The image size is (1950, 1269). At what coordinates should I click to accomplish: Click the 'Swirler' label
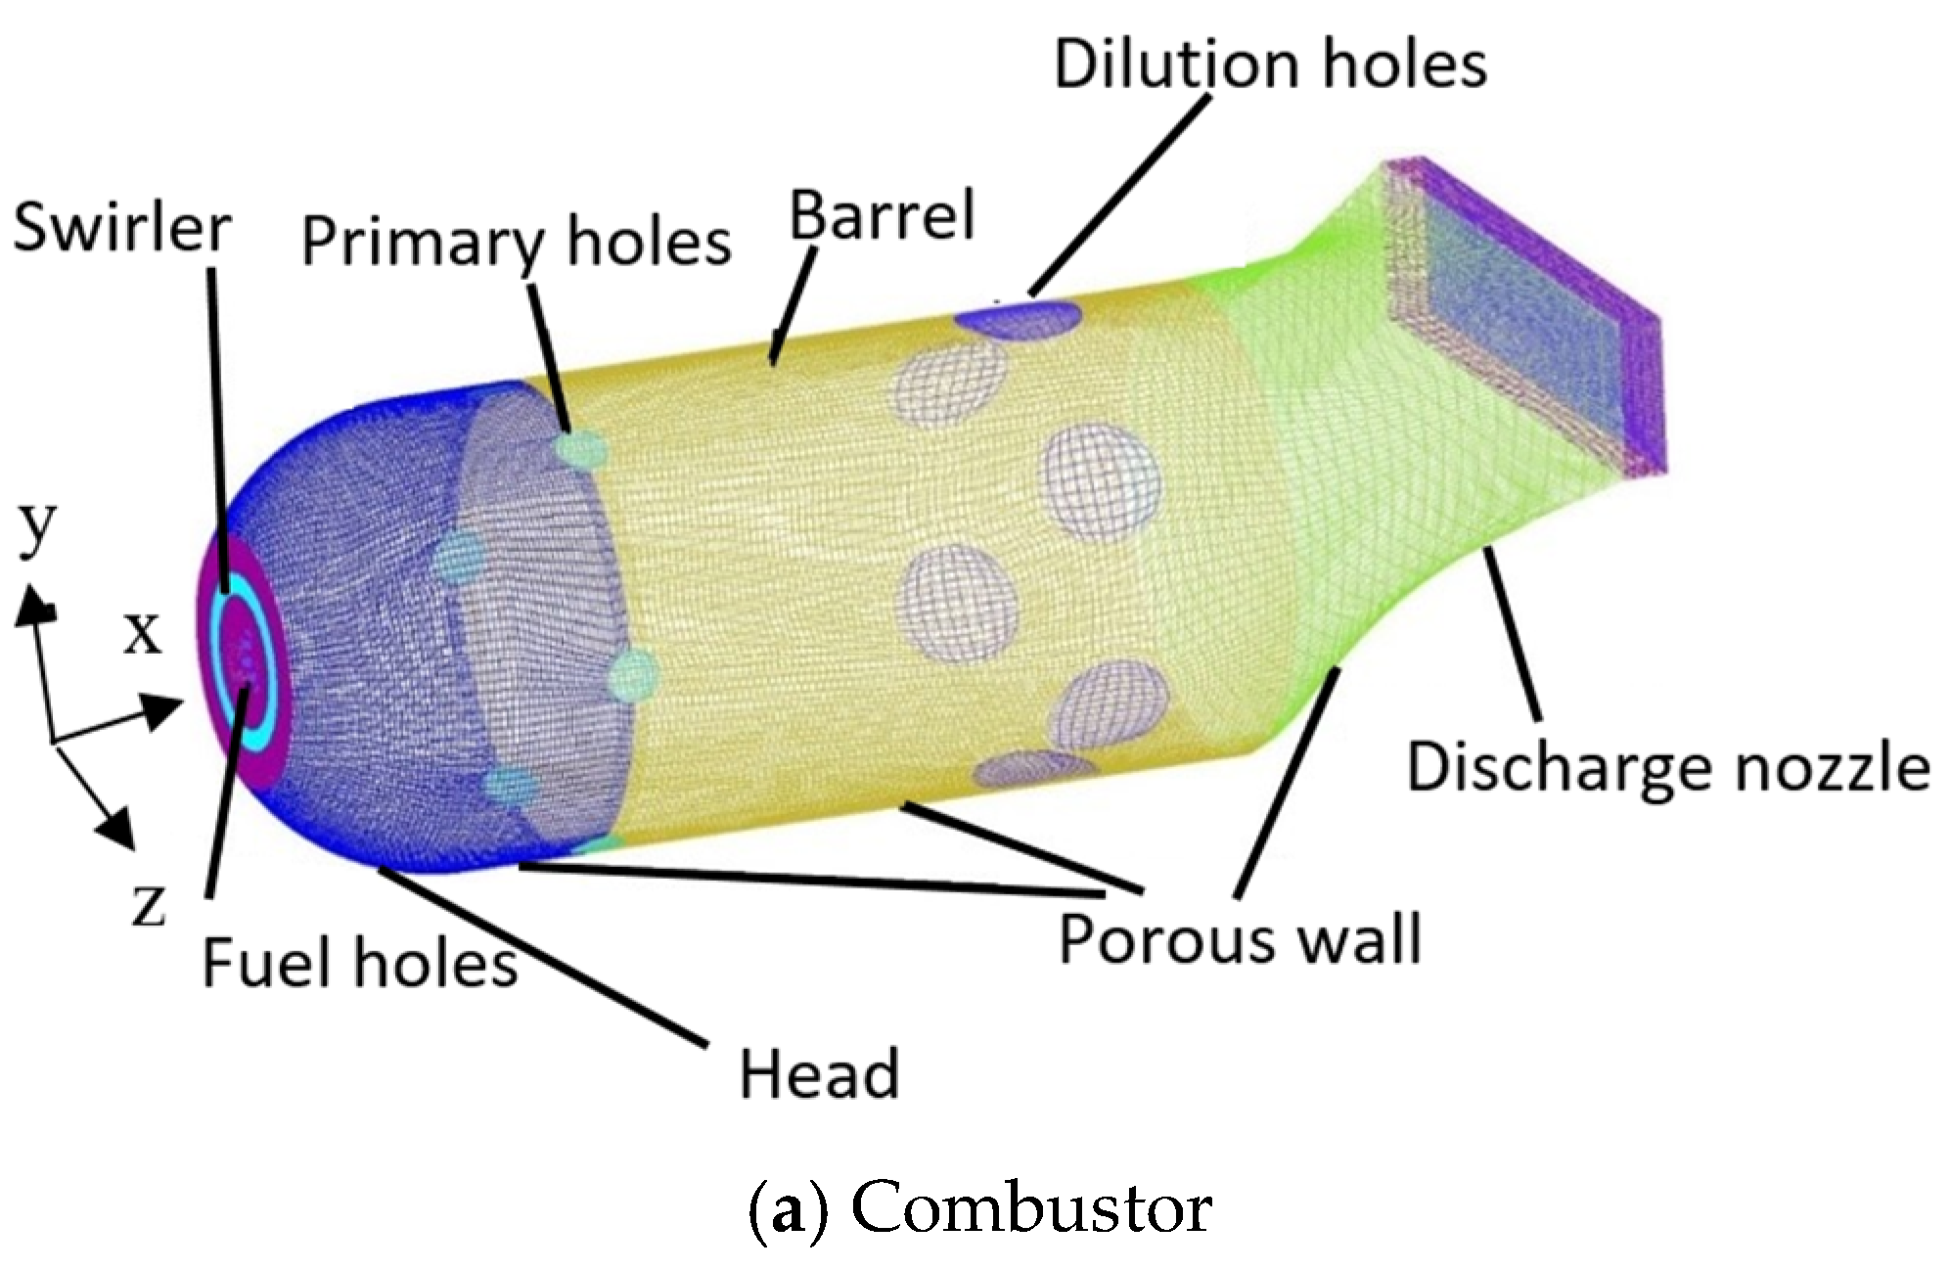121,229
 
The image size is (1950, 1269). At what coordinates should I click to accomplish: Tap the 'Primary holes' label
516,241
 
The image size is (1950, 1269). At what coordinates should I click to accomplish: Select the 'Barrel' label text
882,216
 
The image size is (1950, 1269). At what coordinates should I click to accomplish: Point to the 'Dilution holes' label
1269,65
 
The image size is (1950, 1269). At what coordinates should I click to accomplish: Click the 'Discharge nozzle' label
1667,768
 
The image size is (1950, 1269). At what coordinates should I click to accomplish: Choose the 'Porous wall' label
1240,938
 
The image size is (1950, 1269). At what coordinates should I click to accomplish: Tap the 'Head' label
819,1074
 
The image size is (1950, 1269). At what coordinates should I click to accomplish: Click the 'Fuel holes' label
359,963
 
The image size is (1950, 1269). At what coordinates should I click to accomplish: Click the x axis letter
142,634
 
